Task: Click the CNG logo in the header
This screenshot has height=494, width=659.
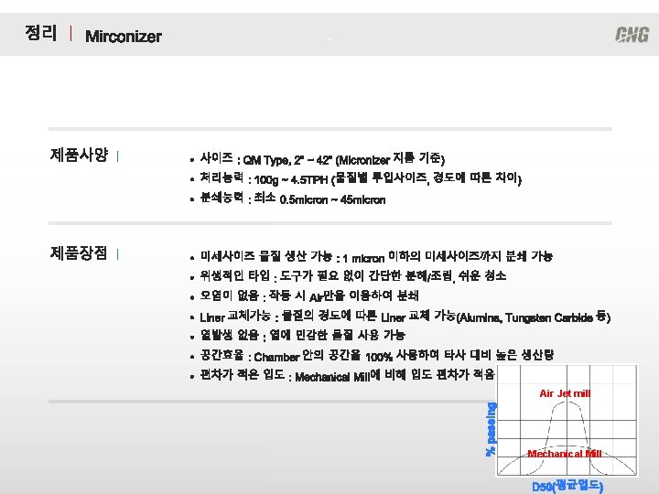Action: coord(632,35)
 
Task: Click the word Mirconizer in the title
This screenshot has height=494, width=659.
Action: coord(123,37)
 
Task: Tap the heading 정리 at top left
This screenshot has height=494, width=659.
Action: coord(40,34)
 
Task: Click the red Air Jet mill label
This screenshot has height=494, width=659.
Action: coord(565,393)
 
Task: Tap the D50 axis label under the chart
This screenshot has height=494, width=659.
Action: coord(567,485)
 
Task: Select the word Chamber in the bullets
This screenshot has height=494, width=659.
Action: coord(276,357)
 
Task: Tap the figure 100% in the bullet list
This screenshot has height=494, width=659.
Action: coord(378,357)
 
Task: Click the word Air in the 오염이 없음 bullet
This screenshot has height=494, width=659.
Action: coord(317,297)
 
